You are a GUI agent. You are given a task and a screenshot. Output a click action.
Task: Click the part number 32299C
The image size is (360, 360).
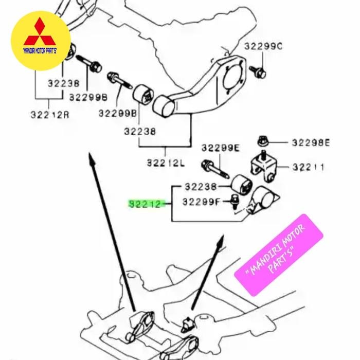click(263, 46)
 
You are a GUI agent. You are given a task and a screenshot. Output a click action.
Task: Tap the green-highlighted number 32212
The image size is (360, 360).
click(146, 204)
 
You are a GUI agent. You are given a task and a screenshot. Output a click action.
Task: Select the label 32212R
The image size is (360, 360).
click(49, 115)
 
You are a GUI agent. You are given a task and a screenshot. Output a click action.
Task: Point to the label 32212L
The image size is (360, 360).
click(166, 163)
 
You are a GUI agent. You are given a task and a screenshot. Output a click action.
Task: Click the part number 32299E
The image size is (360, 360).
click(220, 148)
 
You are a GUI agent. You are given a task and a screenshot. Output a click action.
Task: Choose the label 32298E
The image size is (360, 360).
click(311, 142)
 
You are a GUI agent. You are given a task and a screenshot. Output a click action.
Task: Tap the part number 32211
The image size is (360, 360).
click(308, 167)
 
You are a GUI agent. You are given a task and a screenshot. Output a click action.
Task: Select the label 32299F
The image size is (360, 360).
click(201, 202)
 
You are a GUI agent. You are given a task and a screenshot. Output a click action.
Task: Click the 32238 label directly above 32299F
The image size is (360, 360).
click(201, 187)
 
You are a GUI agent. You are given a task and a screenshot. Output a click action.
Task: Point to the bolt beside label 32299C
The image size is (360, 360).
click(257, 71)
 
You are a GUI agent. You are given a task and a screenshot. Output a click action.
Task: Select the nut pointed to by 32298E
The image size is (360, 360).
click(262, 141)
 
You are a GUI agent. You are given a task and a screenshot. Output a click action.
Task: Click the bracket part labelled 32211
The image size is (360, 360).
click(264, 167)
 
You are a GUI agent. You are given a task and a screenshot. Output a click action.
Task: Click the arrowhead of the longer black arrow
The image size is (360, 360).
click(91, 157)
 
